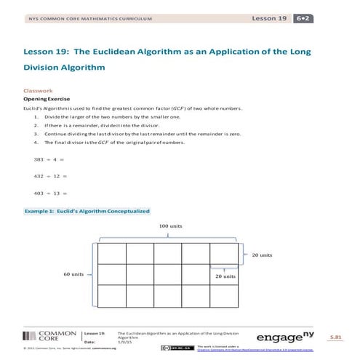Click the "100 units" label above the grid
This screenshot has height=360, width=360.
coord(170,226)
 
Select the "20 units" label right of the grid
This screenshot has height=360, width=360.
coord(262,255)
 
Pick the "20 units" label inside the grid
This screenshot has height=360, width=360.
coord(225,276)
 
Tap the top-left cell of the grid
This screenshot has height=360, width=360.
coord(112,252)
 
